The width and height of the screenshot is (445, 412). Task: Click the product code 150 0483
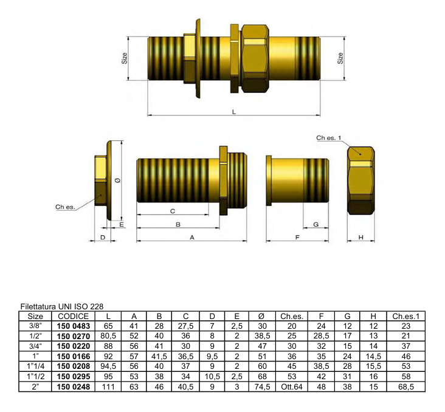(73, 326)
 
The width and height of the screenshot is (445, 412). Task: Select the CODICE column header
(73, 316)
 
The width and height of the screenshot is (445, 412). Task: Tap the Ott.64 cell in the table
(292, 386)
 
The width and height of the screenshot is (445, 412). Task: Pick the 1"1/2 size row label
(35, 377)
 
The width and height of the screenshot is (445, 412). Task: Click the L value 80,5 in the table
(108, 336)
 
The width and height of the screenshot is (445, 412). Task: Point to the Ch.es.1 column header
(406, 316)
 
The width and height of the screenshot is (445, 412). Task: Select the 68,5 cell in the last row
(406, 386)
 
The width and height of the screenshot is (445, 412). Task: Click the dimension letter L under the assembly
(234, 112)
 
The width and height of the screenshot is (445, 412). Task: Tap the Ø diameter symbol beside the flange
(118, 180)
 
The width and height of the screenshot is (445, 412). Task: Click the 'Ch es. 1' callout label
(329, 138)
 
